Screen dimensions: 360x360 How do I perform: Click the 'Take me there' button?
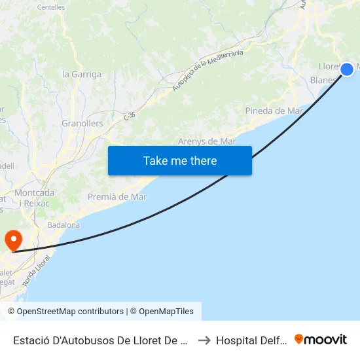(x=180, y=160)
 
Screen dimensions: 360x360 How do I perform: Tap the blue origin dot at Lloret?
(x=347, y=69)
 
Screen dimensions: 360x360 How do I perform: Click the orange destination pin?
(x=13, y=240)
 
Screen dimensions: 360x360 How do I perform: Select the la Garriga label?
(x=82, y=74)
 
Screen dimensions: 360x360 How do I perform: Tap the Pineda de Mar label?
(x=274, y=111)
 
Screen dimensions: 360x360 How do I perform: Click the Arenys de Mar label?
(x=207, y=141)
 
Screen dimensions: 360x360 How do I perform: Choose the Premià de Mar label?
(x=117, y=196)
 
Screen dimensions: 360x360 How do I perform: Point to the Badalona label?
(x=63, y=225)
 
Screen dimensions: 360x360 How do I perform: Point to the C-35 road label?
(x=130, y=116)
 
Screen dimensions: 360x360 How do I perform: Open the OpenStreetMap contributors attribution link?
(x=65, y=312)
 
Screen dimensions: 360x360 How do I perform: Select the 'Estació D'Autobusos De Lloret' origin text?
(x=101, y=340)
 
